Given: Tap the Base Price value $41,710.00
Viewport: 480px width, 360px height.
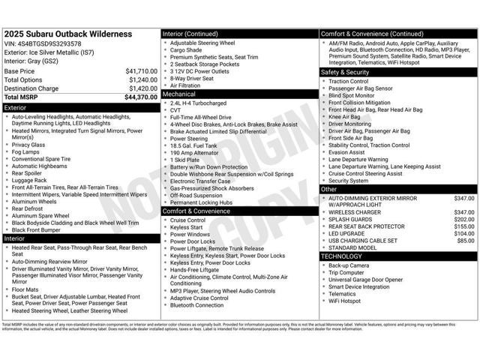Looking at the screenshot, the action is point(141,71).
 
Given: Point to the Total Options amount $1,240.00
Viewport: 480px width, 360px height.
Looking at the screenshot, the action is point(142,79).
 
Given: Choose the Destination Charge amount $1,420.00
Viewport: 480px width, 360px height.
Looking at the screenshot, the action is point(142,88).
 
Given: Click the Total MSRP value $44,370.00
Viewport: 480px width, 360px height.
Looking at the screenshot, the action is point(141,97).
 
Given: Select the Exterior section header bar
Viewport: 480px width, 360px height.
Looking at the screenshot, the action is point(80,108).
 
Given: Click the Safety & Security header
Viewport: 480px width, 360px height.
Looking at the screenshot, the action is point(398,72).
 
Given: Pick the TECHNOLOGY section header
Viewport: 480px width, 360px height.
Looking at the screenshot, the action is point(398,256).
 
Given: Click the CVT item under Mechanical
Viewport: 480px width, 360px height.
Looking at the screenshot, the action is point(176,109).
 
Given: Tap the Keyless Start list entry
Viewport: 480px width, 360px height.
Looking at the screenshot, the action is point(187,227).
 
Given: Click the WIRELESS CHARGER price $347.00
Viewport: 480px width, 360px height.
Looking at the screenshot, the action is point(463,212).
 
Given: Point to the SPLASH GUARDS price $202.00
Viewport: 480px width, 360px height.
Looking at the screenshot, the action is point(463,220).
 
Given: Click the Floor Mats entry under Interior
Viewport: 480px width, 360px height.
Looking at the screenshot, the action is point(25,289).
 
